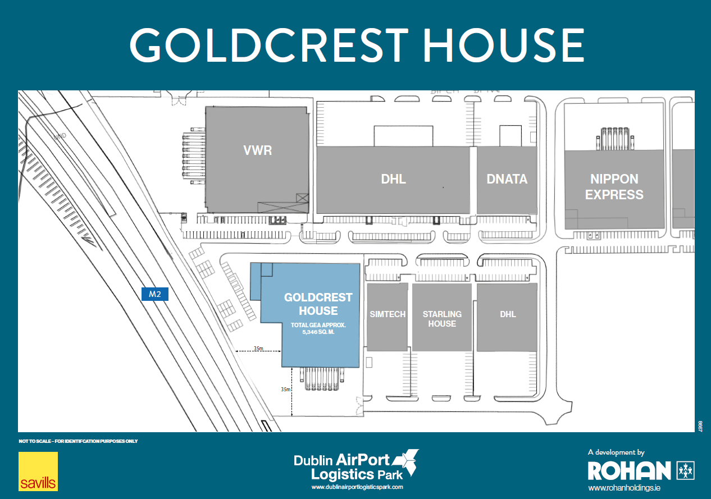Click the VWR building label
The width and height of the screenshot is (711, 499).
pyautogui.click(x=257, y=150)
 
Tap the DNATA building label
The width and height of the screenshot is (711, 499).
pyautogui.click(x=507, y=179)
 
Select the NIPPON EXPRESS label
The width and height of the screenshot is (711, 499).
pyautogui.click(x=614, y=187)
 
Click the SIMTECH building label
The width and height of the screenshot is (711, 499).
pyautogui.click(x=387, y=314)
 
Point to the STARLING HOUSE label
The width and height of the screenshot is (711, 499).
pyautogui.click(x=442, y=319)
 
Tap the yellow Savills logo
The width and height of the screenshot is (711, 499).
pyautogui.click(x=38, y=471)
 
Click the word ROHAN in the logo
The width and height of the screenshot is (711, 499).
pyautogui.click(x=629, y=470)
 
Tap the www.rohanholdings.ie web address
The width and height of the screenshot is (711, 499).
pyautogui.click(x=624, y=488)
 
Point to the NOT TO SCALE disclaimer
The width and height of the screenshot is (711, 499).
pyautogui.click(x=78, y=441)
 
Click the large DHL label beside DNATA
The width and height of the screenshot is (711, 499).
pyautogui.click(x=393, y=179)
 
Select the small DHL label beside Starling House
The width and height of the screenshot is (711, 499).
pyautogui.click(x=508, y=314)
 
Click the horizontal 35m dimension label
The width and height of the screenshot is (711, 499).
pyautogui.click(x=258, y=349)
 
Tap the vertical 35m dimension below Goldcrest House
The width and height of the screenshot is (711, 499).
pyautogui.click(x=285, y=389)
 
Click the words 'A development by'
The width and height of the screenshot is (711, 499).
pyautogui.click(x=616, y=452)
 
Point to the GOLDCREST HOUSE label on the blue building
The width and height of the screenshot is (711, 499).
pyautogui.click(x=318, y=304)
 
